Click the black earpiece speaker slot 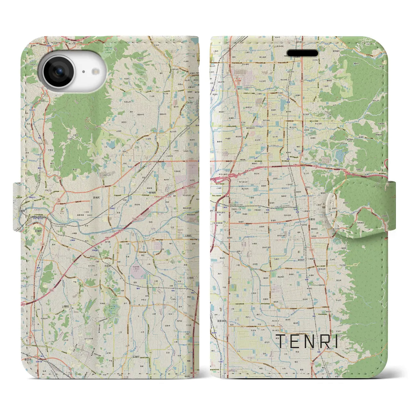point(302,53)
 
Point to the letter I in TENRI point(336,341)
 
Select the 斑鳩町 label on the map point(87,198)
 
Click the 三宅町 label point(190,278)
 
